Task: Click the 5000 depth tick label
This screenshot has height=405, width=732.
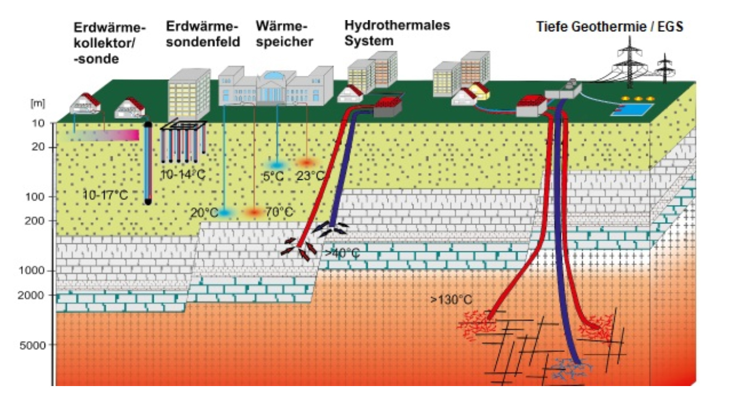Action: pyautogui.click(x=33, y=345)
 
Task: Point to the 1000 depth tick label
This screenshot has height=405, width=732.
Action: pyautogui.click(x=32, y=271)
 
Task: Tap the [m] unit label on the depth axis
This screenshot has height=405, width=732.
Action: pyautogui.click(x=37, y=104)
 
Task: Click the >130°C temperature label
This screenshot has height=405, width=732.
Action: pyautogui.click(x=451, y=299)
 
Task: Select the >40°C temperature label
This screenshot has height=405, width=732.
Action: pyautogui.click(x=342, y=253)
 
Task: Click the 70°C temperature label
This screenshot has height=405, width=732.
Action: pyautogui.click(x=279, y=212)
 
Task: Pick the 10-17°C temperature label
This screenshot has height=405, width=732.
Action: pyautogui.click(x=105, y=195)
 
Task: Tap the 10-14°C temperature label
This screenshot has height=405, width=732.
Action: pyautogui.click(x=183, y=174)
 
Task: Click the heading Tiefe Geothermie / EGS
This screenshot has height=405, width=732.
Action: pyautogui.click(x=610, y=27)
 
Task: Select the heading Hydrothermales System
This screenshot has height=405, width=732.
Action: pyautogui.click(x=397, y=33)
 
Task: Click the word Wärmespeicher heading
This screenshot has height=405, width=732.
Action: pyautogui.click(x=284, y=33)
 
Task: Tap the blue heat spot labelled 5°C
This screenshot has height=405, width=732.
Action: pyautogui.click(x=277, y=164)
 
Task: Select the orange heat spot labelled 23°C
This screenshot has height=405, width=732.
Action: pyautogui.click(x=306, y=163)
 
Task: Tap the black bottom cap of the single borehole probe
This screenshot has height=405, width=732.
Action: pyautogui.click(x=148, y=202)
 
